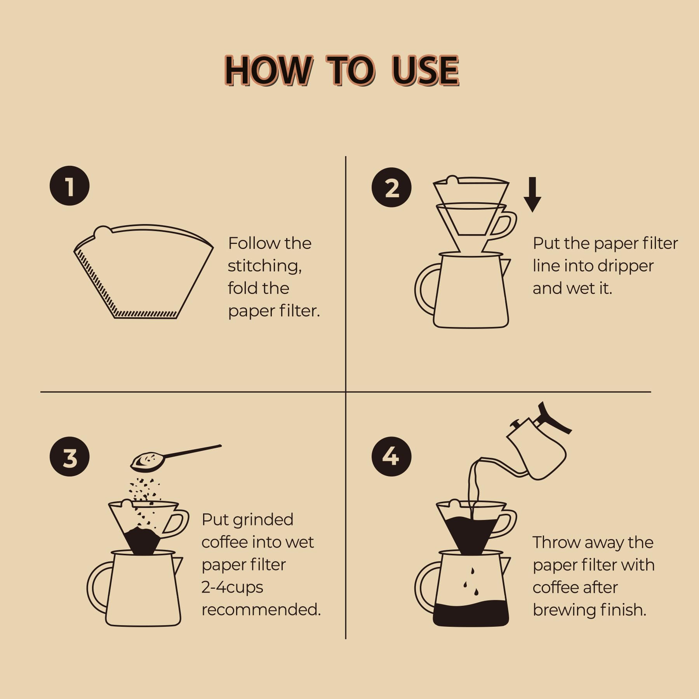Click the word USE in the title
pos(425,70)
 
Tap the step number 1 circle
pos(70,186)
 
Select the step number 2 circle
pos(391,188)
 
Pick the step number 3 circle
pos(70,457)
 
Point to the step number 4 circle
pos(391,456)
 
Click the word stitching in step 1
pos(264,266)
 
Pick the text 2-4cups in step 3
pos(232,587)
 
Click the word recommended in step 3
pos(261,609)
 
